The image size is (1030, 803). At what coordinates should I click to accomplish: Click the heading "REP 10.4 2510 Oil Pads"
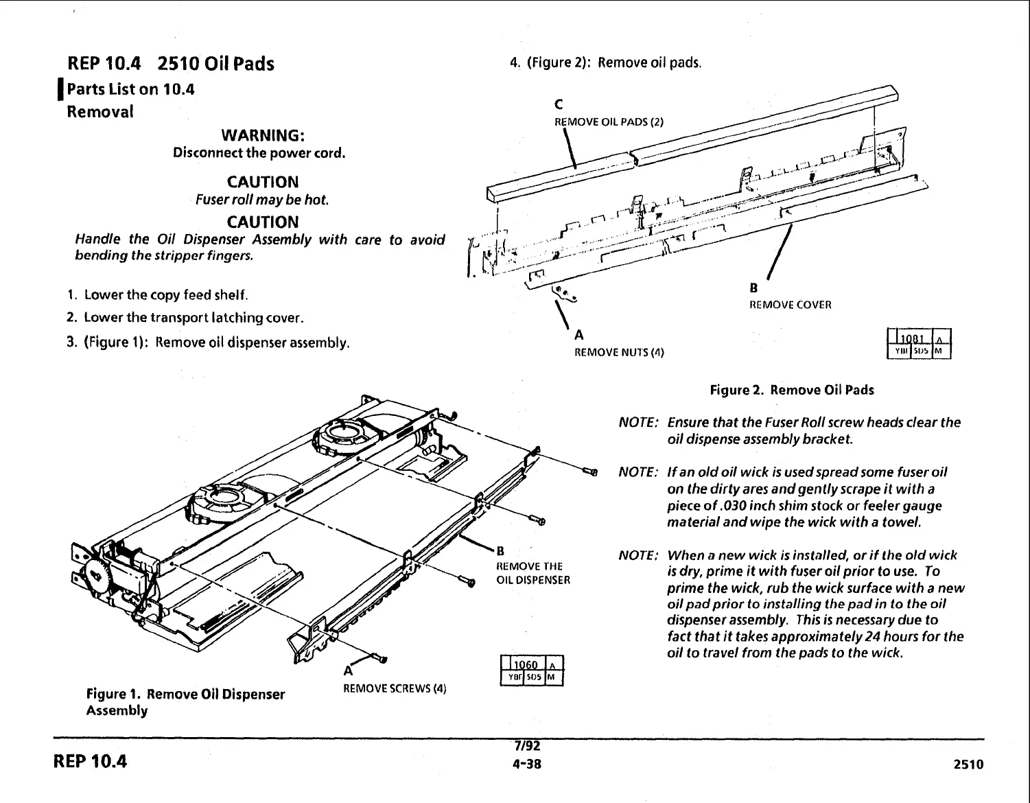coord(171,64)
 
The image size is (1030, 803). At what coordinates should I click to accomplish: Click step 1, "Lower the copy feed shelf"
coord(165,295)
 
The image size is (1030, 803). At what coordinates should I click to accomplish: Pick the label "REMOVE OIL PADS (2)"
coord(609,122)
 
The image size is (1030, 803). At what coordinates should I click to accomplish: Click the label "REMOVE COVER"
coord(790,305)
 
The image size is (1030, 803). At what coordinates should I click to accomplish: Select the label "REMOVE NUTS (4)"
coord(619,353)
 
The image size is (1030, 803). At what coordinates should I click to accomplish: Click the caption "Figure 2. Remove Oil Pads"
coord(792,391)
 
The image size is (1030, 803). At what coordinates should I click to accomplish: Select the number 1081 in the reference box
coord(911,338)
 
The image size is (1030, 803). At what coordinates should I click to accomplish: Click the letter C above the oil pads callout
coord(558,105)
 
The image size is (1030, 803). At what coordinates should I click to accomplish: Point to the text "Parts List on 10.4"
coord(130,89)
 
